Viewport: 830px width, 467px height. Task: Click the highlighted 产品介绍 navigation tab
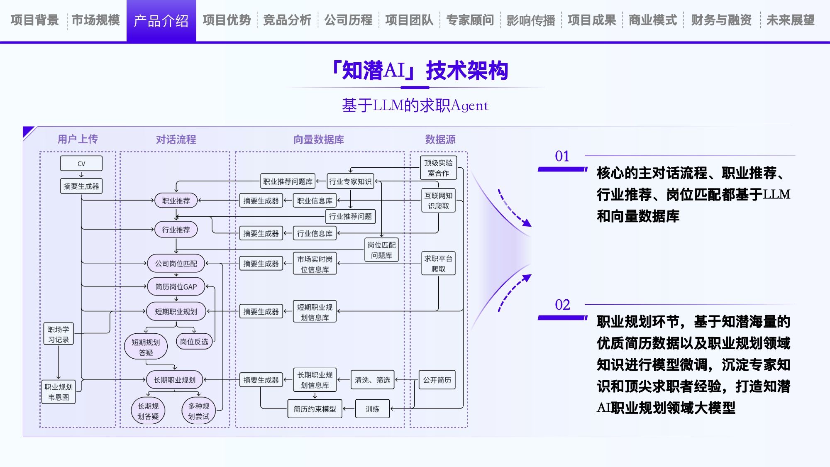(161, 21)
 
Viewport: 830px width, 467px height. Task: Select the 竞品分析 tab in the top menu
(287, 20)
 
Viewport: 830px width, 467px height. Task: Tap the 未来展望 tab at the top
(790, 20)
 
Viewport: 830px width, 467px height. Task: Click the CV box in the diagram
(81, 164)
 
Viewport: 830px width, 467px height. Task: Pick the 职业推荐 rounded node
(176, 200)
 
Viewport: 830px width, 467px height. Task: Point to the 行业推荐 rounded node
(176, 230)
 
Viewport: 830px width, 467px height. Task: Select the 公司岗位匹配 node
(176, 264)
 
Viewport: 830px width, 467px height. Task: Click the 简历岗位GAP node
(176, 287)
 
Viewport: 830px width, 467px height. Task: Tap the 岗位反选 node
(194, 342)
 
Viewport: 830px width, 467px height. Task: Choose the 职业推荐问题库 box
(288, 181)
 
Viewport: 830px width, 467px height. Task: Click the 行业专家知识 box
(350, 181)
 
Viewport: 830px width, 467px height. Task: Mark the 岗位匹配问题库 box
(381, 250)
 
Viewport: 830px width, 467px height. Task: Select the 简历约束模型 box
(315, 409)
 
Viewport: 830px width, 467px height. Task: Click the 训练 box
(372, 409)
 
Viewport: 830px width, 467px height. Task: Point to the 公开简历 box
(437, 380)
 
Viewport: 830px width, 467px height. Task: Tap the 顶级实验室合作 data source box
(438, 168)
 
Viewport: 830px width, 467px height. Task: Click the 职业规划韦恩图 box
(59, 392)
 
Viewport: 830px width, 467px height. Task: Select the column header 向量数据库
(318, 139)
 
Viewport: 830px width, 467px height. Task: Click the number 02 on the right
(562, 305)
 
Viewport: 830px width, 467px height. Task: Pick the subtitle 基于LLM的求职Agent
(415, 105)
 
